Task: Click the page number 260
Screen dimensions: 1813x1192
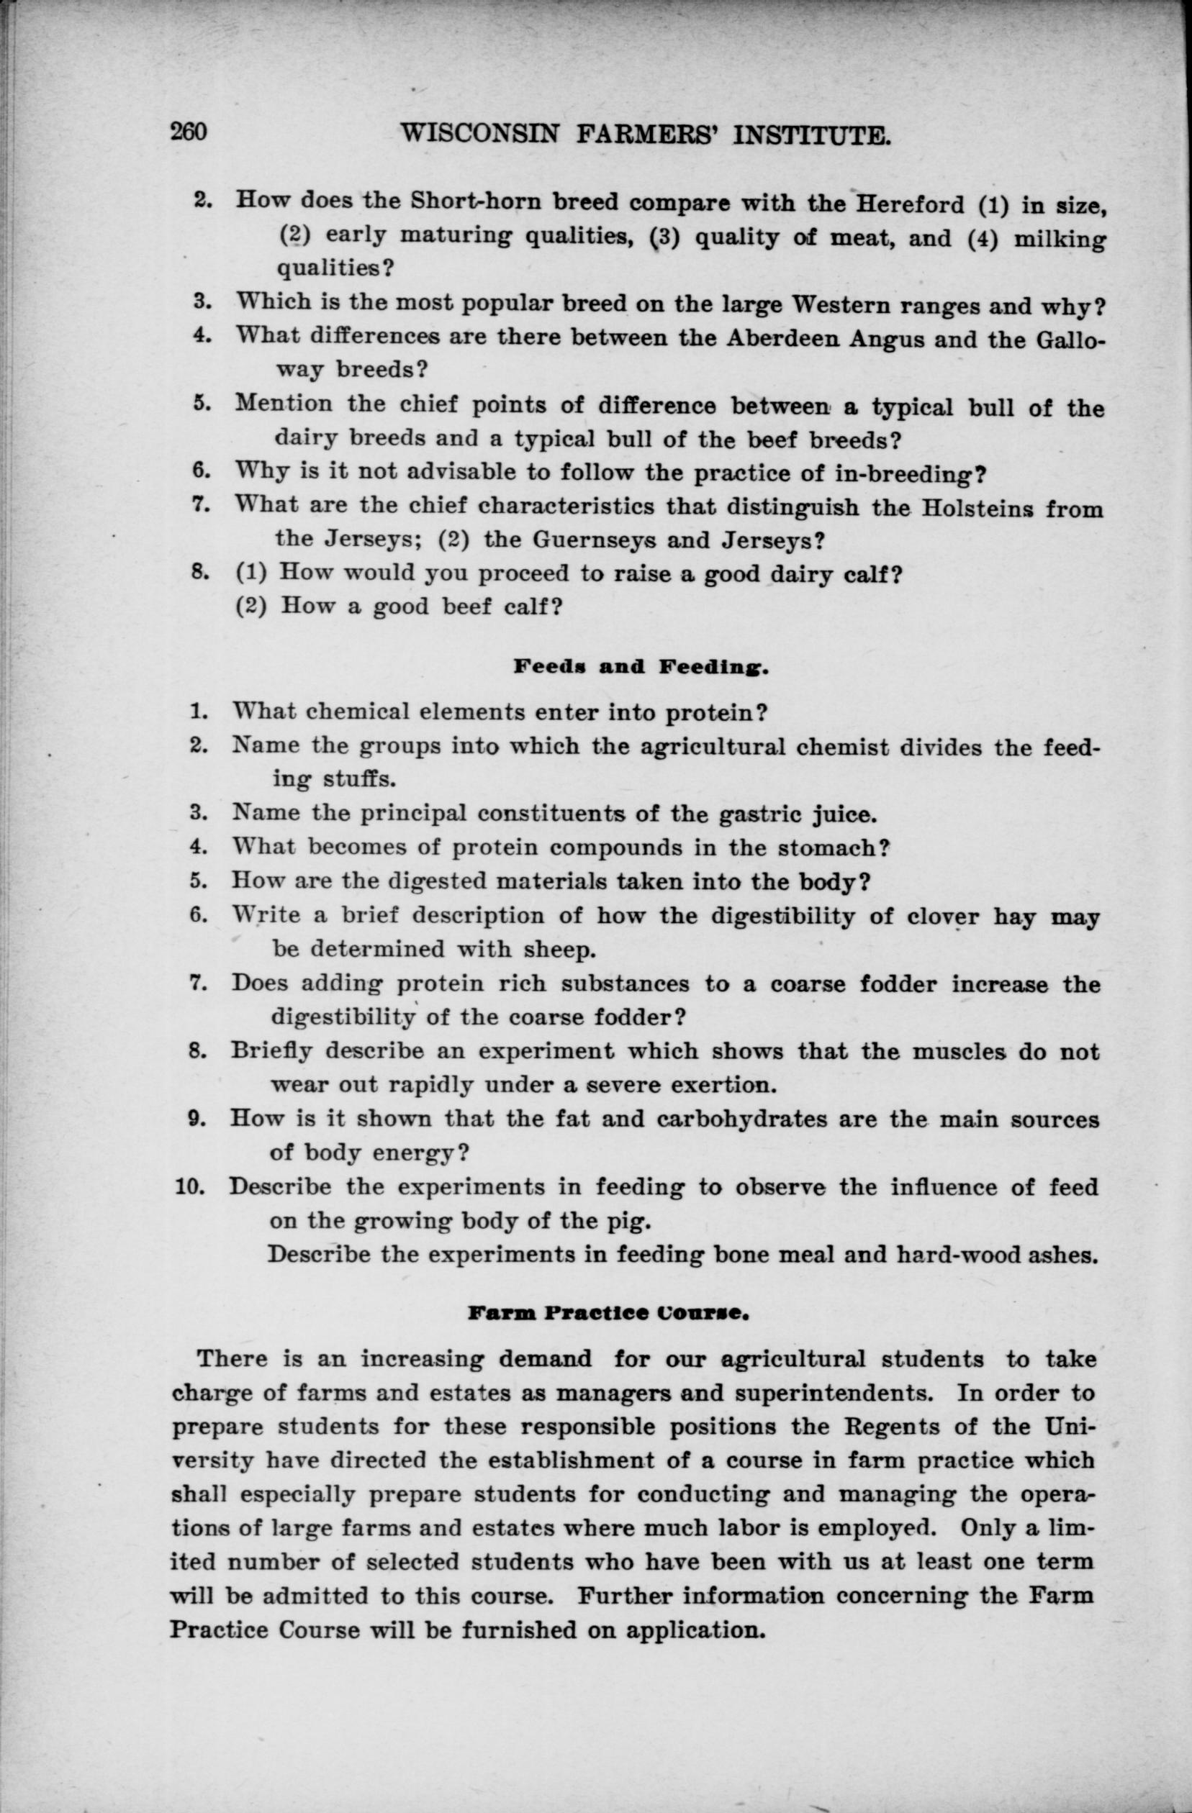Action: click(189, 132)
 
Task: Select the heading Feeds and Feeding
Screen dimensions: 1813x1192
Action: click(640, 668)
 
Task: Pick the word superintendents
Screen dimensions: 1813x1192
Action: click(814, 1393)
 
